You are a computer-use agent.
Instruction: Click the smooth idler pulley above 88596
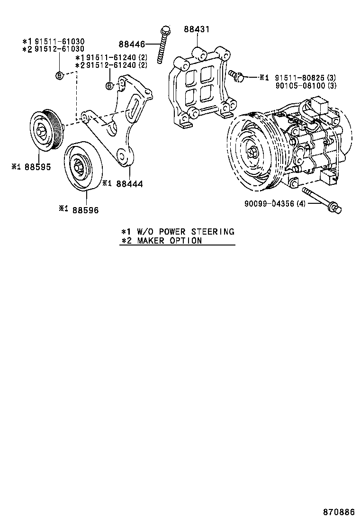coord(81,166)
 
